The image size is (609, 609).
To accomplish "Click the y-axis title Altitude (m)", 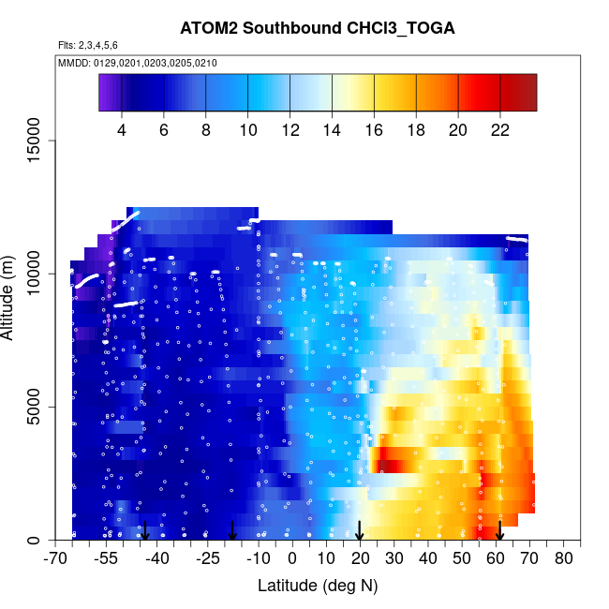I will (12, 293).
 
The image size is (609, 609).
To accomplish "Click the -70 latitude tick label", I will (56, 559).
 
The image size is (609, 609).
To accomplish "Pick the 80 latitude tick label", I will (564, 559).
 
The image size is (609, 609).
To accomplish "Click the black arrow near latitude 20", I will (360, 531).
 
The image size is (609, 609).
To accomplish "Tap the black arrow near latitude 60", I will (499, 531).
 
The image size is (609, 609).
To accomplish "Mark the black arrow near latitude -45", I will (145, 531).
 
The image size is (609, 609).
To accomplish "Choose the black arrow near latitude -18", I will (232, 531).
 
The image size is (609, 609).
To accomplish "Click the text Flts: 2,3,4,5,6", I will (87, 45).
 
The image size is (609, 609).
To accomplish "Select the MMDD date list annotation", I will (137, 63).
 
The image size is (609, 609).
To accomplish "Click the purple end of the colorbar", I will (105, 93).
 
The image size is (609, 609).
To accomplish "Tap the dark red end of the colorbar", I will (528, 93).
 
